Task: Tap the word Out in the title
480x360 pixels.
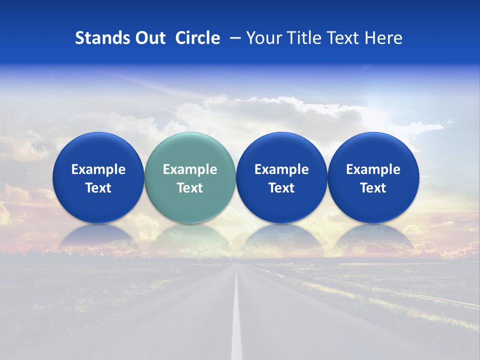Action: [149, 38]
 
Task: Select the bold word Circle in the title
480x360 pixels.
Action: [197, 38]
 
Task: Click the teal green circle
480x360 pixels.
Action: [190, 150]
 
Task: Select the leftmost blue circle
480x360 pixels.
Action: [98, 150]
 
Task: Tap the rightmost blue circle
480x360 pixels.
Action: [373, 150]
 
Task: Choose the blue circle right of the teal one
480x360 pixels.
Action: [281, 150]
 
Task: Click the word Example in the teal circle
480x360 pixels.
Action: [190, 169]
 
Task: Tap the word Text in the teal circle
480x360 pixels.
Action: [190, 188]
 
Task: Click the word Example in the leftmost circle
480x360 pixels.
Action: [98, 169]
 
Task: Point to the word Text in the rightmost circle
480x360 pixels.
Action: [373, 188]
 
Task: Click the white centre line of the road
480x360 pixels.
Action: [236, 320]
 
